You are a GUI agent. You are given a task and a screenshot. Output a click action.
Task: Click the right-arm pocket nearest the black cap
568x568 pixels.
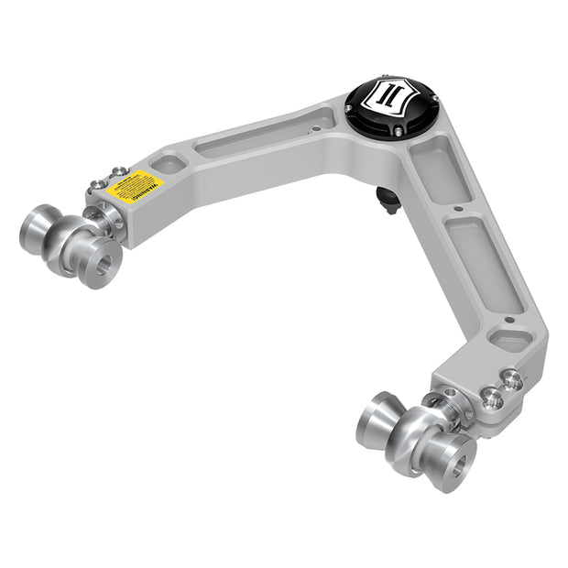pos(439,169)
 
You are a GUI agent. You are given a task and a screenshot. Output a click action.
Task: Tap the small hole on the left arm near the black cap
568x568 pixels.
pos(316,129)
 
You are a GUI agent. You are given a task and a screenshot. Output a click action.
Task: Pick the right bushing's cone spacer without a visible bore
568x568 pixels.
pos(376,421)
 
